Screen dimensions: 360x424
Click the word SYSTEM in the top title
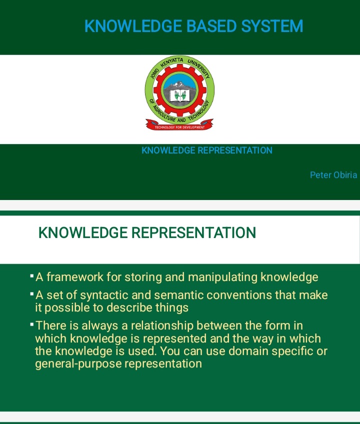(x=272, y=26)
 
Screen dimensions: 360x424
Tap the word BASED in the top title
(x=211, y=26)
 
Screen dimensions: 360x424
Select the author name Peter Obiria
(x=333, y=175)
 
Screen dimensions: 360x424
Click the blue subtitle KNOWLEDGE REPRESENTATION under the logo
(x=207, y=150)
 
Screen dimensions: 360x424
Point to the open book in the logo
(x=180, y=95)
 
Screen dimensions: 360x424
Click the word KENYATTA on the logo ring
(x=171, y=62)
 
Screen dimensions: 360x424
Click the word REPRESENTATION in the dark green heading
(x=193, y=233)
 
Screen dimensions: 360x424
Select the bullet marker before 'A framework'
(x=32, y=276)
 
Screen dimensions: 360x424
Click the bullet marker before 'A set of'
(x=32, y=293)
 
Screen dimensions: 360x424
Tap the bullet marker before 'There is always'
(x=32, y=324)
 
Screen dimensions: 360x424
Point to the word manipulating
(x=222, y=277)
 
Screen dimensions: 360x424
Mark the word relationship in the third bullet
(x=162, y=326)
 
